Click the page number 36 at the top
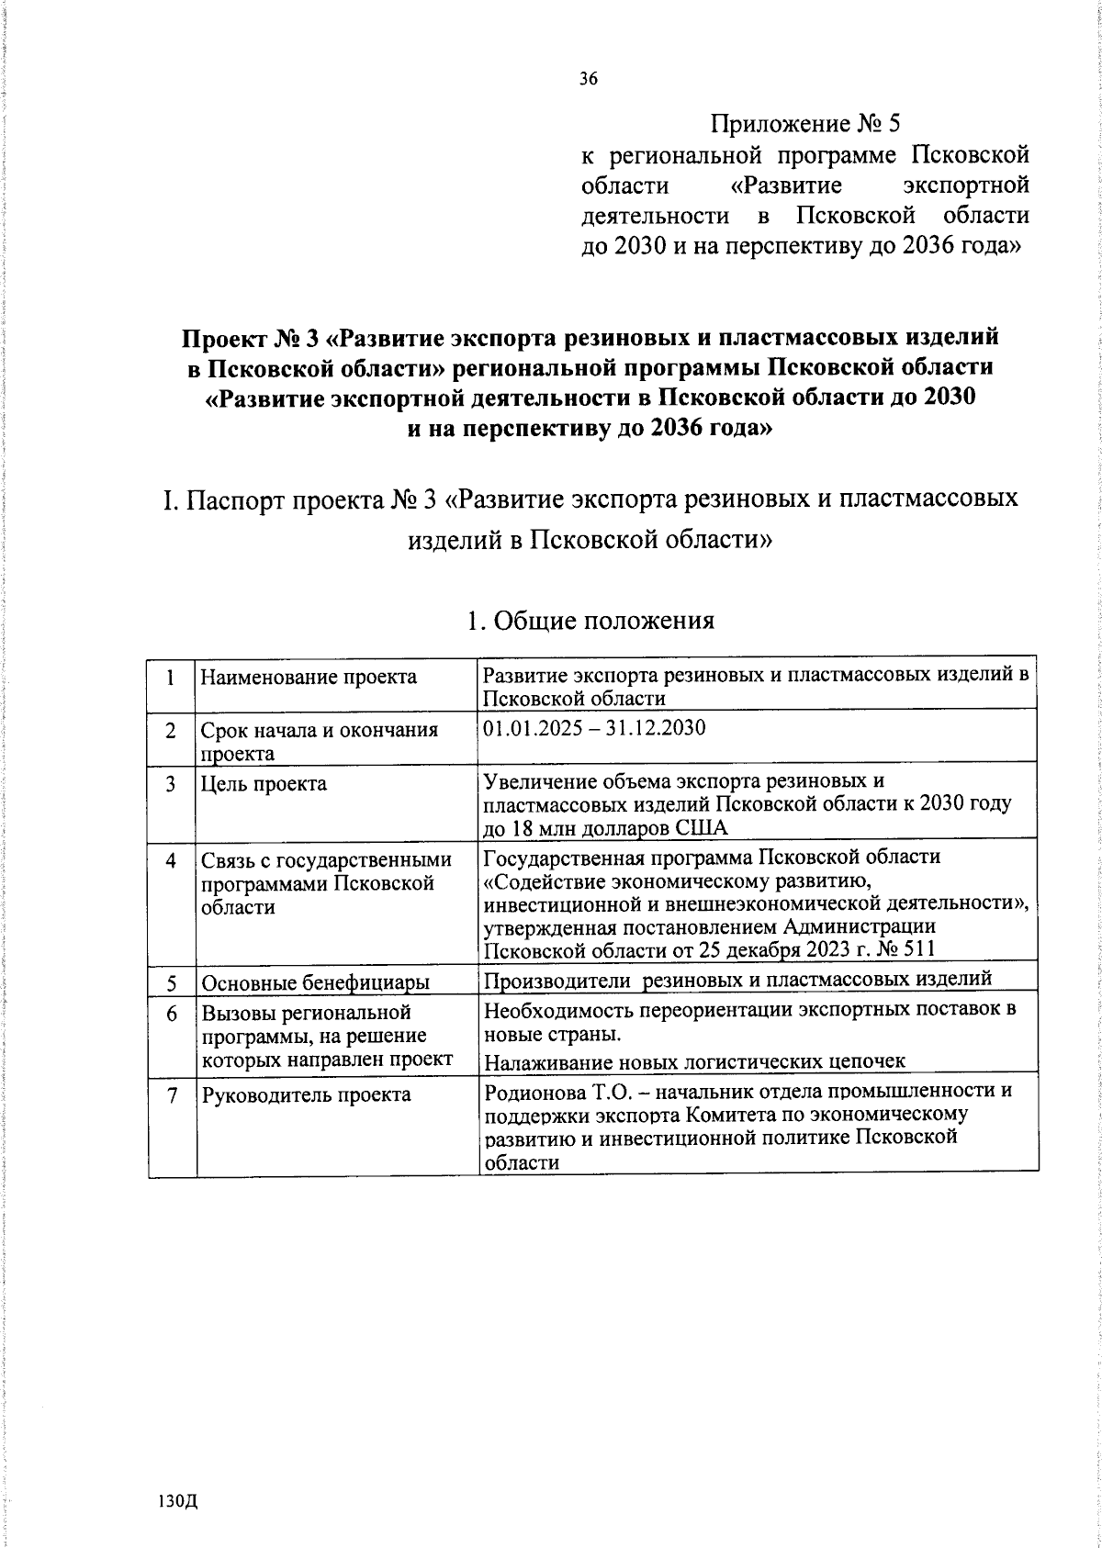[x=589, y=79]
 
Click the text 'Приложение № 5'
[x=807, y=124]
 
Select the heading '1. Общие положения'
[x=590, y=622]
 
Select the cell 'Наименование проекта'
[x=309, y=678]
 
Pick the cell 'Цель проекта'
[x=264, y=784]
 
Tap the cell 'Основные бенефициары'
[x=316, y=983]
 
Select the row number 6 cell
[x=172, y=1014]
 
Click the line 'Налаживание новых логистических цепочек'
[x=694, y=1061]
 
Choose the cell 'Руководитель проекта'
[x=306, y=1094]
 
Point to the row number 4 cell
[x=172, y=861]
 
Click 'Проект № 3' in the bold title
[x=251, y=338]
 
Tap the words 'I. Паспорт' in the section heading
[x=223, y=500]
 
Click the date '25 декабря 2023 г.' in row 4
[x=762, y=949]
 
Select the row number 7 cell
[x=172, y=1095]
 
